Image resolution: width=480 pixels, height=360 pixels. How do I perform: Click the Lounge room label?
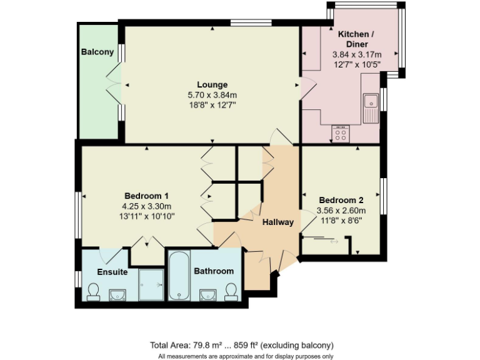click(x=212, y=85)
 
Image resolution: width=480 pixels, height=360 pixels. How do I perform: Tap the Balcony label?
click(x=97, y=52)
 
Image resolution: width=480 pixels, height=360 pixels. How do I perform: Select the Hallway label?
click(x=277, y=222)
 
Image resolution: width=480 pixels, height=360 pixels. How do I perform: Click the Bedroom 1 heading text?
click(x=146, y=195)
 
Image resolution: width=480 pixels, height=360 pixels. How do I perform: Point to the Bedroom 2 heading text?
click(x=341, y=200)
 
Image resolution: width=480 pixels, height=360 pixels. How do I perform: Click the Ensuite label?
click(x=112, y=272)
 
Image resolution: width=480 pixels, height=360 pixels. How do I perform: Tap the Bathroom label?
click(x=214, y=271)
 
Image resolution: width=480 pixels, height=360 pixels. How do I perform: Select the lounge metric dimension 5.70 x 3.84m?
click(x=212, y=95)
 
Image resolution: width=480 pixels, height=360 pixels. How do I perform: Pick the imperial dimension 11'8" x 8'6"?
click(x=341, y=220)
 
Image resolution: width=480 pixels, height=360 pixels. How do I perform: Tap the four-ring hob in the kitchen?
click(x=341, y=133)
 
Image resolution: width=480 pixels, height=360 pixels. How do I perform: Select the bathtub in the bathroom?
click(x=179, y=276)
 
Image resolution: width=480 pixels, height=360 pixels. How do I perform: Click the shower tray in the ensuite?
click(x=151, y=284)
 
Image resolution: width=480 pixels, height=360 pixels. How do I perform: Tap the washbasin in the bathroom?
click(x=207, y=294)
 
